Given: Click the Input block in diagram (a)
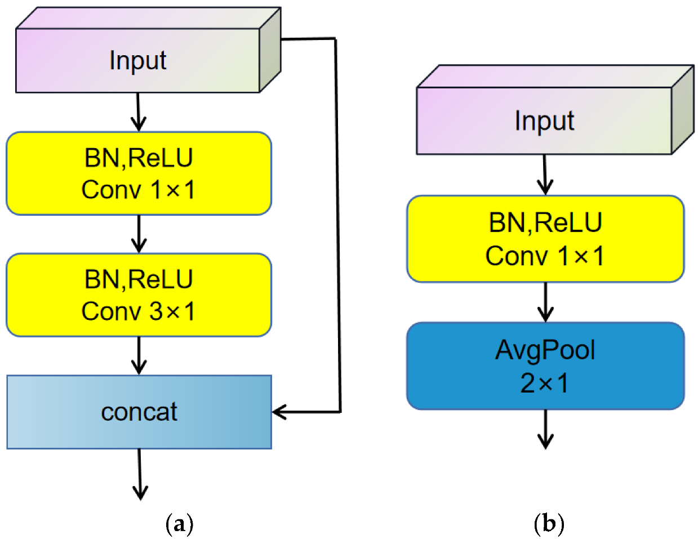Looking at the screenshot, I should (138, 60).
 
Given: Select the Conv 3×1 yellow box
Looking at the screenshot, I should (139, 295).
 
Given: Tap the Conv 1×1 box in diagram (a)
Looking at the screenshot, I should (139, 173).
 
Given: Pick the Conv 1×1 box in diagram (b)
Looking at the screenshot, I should (545, 239).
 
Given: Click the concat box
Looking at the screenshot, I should (139, 412).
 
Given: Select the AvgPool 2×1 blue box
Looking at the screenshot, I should (545, 366).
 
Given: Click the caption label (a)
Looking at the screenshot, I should (180, 524).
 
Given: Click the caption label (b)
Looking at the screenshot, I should (548, 524).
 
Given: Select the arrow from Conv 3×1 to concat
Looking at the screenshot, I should (139, 356).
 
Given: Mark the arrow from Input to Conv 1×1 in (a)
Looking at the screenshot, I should (138, 112).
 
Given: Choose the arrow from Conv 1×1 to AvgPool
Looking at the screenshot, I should (545, 302).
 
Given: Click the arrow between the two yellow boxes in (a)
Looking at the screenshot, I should (139, 234).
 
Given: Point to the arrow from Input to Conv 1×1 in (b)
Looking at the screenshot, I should (545, 175).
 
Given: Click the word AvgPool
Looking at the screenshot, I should (545, 350).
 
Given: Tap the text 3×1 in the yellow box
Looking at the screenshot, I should (172, 311).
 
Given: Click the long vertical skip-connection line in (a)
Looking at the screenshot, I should (338, 225).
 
